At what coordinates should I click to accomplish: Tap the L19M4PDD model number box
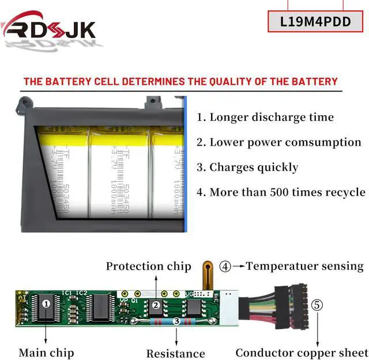[x=316, y=22]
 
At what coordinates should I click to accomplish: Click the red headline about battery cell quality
[x=180, y=81]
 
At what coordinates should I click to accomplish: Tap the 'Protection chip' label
[x=148, y=266]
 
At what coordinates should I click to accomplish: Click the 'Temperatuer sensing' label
[x=305, y=266]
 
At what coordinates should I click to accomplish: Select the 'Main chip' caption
[x=46, y=352]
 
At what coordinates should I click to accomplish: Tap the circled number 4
[x=225, y=267]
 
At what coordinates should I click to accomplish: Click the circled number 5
[x=318, y=305]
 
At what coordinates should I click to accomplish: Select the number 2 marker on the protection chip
[x=155, y=305]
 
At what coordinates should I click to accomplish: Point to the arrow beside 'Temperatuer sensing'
[x=238, y=267]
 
